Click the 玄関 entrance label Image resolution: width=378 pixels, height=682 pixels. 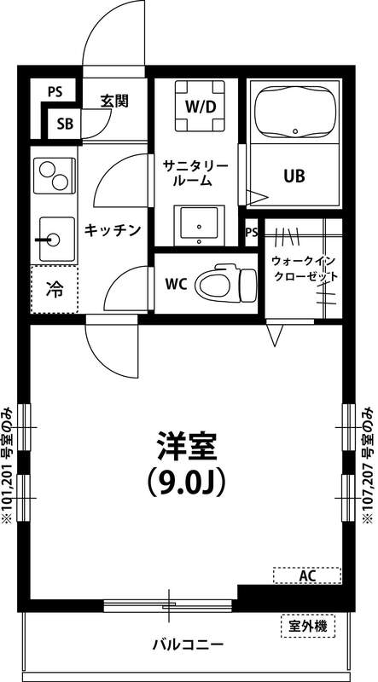coord(113,101)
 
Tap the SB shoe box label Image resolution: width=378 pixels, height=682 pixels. coord(66,123)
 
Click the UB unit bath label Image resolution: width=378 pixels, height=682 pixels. coord(294,176)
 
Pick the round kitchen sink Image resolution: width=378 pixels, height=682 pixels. coord(54,237)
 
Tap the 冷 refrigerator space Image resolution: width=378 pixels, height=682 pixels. coord(53,289)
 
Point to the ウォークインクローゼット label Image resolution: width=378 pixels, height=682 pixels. coord(304,269)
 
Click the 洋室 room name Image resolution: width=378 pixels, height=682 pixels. coord(186,447)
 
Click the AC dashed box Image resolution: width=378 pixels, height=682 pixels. coord(307,576)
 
